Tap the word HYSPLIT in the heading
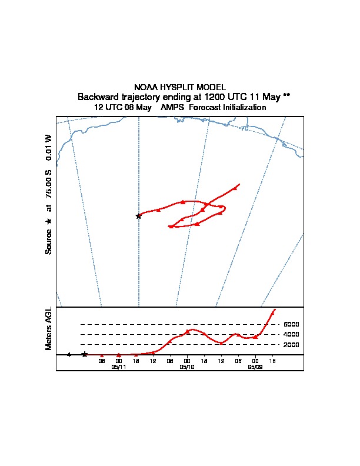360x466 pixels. click(x=178, y=87)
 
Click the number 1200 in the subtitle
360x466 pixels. click(x=216, y=96)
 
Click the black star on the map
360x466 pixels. click(x=139, y=216)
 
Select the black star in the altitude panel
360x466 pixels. click(x=85, y=354)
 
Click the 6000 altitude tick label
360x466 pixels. click(x=292, y=324)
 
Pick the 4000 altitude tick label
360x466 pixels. click(x=292, y=334)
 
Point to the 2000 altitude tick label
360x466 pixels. click(x=292, y=344)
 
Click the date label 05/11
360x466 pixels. click(x=119, y=367)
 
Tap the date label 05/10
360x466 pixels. click(x=187, y=367)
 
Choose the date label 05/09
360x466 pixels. click(x=255, y=367)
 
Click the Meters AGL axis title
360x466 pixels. click(x=49, y=329)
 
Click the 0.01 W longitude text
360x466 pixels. click(x=49, y=147)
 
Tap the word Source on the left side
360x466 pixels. click(x=49, y=241)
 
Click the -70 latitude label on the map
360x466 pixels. click(x=244, y=127)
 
